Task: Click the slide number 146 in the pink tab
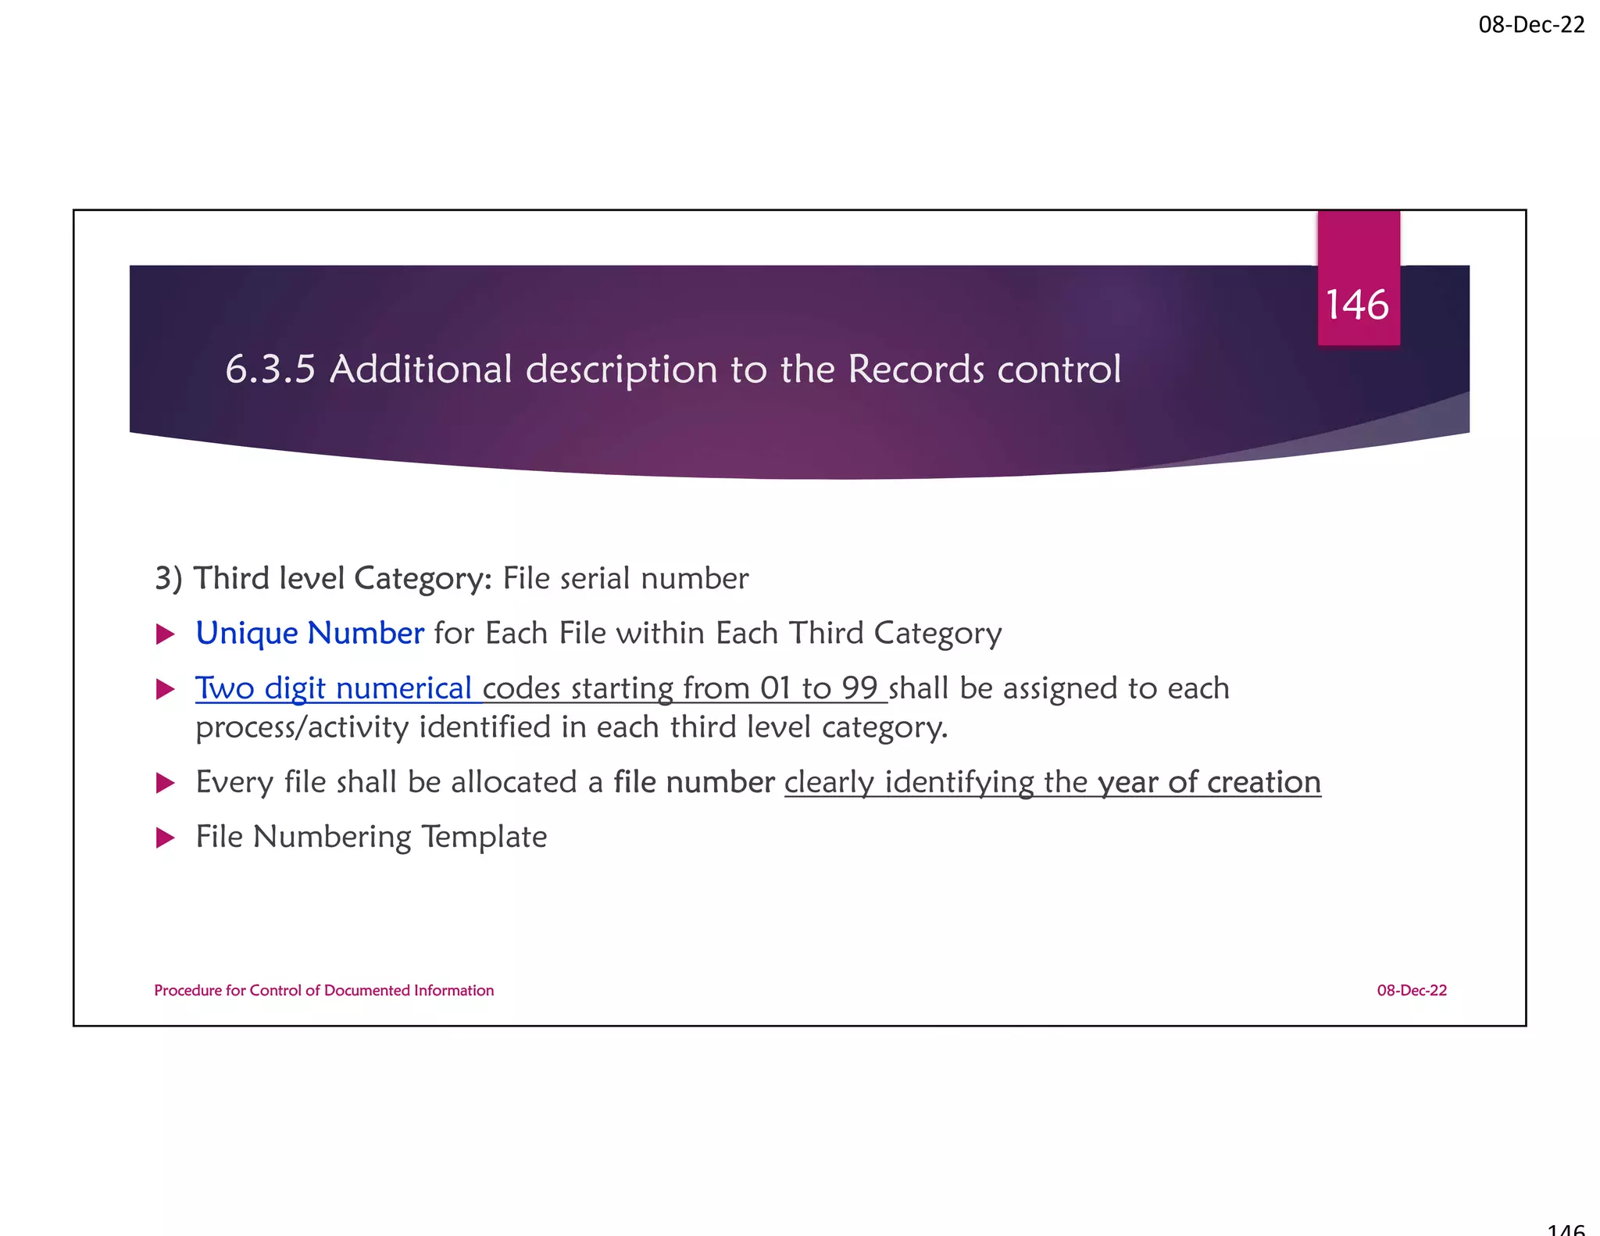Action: [1358, 305]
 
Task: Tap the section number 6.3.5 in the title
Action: [270, 370]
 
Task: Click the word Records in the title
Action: [916, 370]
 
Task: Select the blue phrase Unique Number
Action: [309, 633]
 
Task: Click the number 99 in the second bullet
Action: [859, 688]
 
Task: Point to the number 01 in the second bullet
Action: [776, 688]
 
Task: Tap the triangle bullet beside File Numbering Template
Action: [165, 838]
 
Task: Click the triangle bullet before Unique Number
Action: [165, 634]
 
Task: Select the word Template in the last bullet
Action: [484, 837]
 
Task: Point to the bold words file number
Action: [694, 782]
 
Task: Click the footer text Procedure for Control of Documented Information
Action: [323, 991]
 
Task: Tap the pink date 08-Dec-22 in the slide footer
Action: [1412, 991]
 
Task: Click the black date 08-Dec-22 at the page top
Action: [1531, 25]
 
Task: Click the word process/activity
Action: [302, 728]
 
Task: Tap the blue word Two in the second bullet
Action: [225, 688]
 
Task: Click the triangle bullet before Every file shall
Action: [165, 783]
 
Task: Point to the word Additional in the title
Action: [421, 370]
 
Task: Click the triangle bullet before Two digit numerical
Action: [165, 689]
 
